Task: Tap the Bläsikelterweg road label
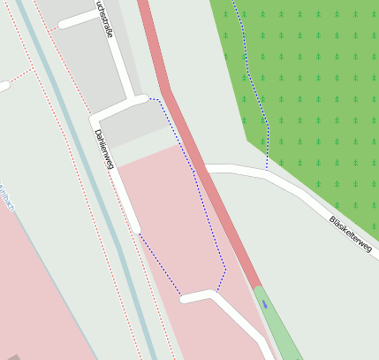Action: [350, 233]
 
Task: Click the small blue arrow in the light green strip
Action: [264, 303]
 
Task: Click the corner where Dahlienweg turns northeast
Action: [95, 119]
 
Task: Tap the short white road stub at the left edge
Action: [4, 86]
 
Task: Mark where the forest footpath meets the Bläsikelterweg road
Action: [267, 171]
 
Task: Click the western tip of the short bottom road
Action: [185, 299]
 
